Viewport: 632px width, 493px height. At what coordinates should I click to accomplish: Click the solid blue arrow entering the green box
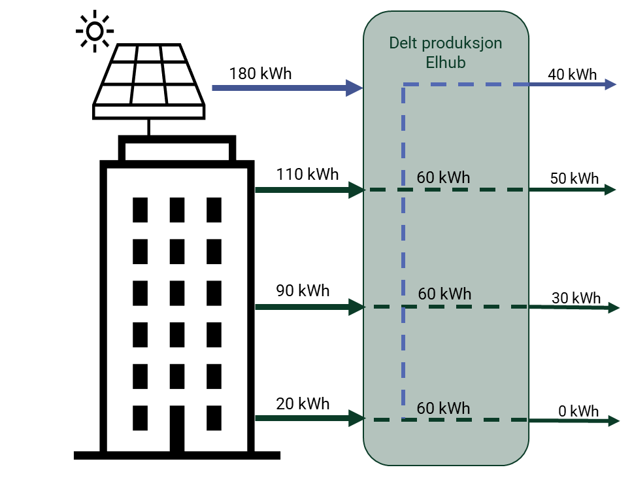(281, 88)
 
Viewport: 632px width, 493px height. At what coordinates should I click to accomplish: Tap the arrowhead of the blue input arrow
(355, 88)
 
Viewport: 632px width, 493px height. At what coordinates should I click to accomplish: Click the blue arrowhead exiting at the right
(611, 84)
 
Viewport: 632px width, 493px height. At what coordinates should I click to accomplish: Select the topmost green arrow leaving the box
(569, 190)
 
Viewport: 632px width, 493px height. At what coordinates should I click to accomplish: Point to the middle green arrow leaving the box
(569, 307)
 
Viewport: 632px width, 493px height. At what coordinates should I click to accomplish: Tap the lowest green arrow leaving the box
(569, 420)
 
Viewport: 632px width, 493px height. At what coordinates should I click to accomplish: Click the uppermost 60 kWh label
(443, 178)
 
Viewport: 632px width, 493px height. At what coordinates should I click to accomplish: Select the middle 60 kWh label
(444, 294)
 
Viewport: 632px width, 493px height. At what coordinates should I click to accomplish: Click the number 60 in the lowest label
(425, 409)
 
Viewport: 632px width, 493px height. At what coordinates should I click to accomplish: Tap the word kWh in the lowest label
(454, 409)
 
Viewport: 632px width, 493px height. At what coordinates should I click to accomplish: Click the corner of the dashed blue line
(403, 85)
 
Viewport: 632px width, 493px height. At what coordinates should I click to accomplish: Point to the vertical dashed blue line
(403, 248)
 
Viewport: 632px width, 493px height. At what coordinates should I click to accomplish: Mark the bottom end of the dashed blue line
(403, 415)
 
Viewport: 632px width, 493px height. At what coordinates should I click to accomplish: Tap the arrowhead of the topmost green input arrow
(357, 190)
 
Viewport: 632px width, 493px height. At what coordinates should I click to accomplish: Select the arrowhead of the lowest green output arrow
(614, 420)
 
